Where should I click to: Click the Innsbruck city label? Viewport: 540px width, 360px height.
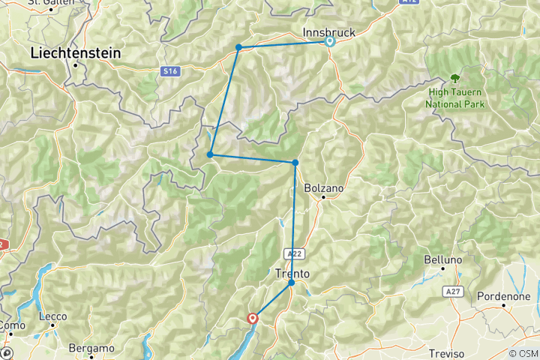click(328, 32)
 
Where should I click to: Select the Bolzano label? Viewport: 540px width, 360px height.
click(324, 188)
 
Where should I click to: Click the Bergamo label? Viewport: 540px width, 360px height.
click(91, 348)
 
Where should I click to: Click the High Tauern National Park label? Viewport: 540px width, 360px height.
click(455, 98)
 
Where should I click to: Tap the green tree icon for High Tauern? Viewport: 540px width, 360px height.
click(454, 77)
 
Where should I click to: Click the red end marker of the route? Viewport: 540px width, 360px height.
click(253, 319)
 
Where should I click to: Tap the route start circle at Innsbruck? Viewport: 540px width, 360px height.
click(329, 42)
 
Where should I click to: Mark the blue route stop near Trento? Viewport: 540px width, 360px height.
click(292, 283)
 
